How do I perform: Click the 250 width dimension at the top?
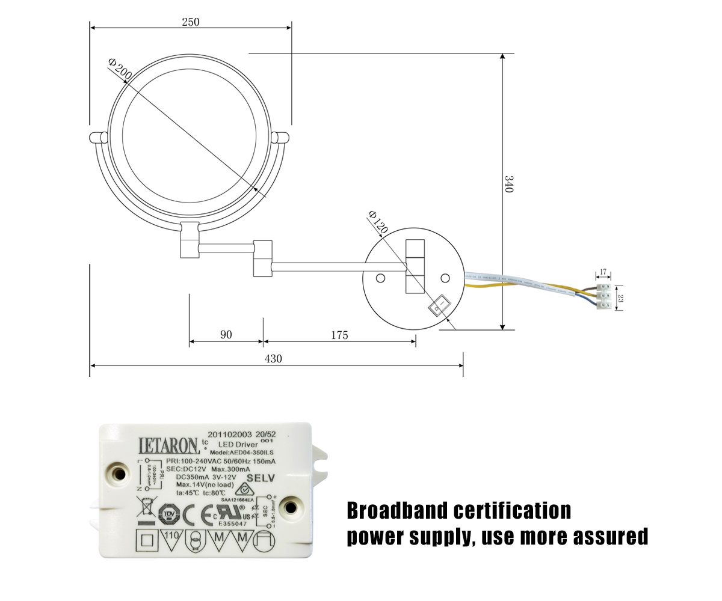pyautogui.click(x=190, y=22)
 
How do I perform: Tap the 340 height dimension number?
pyautogui.click(x=508, y=184)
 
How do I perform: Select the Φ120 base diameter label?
pyautogui.click(x=377, y=222)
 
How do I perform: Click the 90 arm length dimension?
pyautogui.click(x=226, y=335)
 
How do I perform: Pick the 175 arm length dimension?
pyautogui.click(x=339, y=335)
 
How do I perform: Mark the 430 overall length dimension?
pyautogui.click(x=273, y=359)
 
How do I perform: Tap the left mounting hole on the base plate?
pyautogui.click(x=380, y=278)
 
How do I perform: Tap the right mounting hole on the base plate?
pyautogui.click(x=445, y=278)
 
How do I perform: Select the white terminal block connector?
pyautogui.click(x=604, y=297)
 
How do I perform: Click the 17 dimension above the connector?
pyautogui.click(x=603, y=272)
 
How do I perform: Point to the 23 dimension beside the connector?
pyautogui.click(x=621, y=297)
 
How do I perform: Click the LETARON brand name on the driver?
pyautogui.click(x=168, y=445)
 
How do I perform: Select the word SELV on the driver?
pyautogui.click(x=261, y=478)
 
